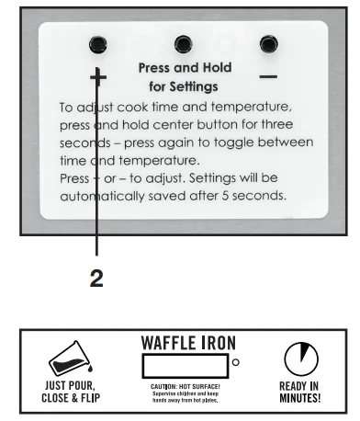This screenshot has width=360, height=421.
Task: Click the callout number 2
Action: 96,280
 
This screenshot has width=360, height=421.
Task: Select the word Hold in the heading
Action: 213,69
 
